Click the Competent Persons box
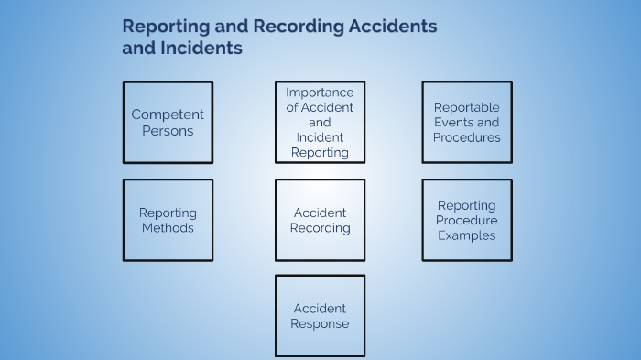[168, 122]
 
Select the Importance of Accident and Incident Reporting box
[320, 122]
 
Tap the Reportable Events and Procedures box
[467, 122]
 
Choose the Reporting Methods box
[168, 220]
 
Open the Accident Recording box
[320, 220]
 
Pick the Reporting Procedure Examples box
[467, 220]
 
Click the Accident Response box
[320, 316]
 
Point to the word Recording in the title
[298, 27]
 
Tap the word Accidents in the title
[393, 27]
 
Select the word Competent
[168, 115]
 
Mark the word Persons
[168, 130]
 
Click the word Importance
[320, 93]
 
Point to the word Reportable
[467, 107]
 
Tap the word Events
[454, 122]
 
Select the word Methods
[168, 227]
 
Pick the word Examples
[467, 235]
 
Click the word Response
[320, 323]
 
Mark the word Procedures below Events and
[467, 137]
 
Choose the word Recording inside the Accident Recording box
[320, 227]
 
